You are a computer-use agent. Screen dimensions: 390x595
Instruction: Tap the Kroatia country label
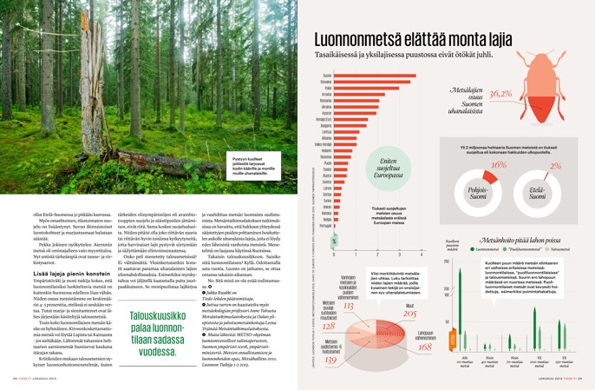click(327, 94)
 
